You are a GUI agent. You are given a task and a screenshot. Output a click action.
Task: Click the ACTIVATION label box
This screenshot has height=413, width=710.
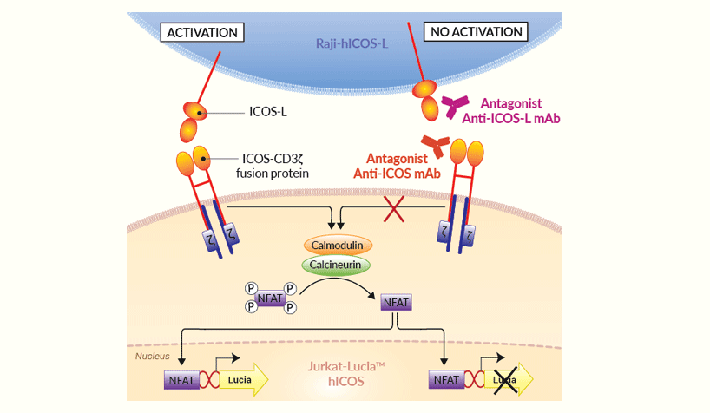point(202,32)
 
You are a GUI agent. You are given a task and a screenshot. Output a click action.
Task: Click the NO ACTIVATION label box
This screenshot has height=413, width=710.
point(477,32)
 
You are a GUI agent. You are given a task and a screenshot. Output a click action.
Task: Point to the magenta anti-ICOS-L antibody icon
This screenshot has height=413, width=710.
point(454,107)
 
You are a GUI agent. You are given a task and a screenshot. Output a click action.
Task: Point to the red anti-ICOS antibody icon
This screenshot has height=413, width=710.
point(435,146)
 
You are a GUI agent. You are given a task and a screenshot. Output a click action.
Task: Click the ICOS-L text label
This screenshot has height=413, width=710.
point(269,113)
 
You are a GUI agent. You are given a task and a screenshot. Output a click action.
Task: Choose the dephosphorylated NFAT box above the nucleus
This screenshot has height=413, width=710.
point(396,302)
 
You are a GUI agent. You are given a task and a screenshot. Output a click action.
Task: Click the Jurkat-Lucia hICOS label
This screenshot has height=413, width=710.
point(346,374)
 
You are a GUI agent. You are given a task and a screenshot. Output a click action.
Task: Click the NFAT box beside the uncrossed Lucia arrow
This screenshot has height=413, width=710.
point(181,380)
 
